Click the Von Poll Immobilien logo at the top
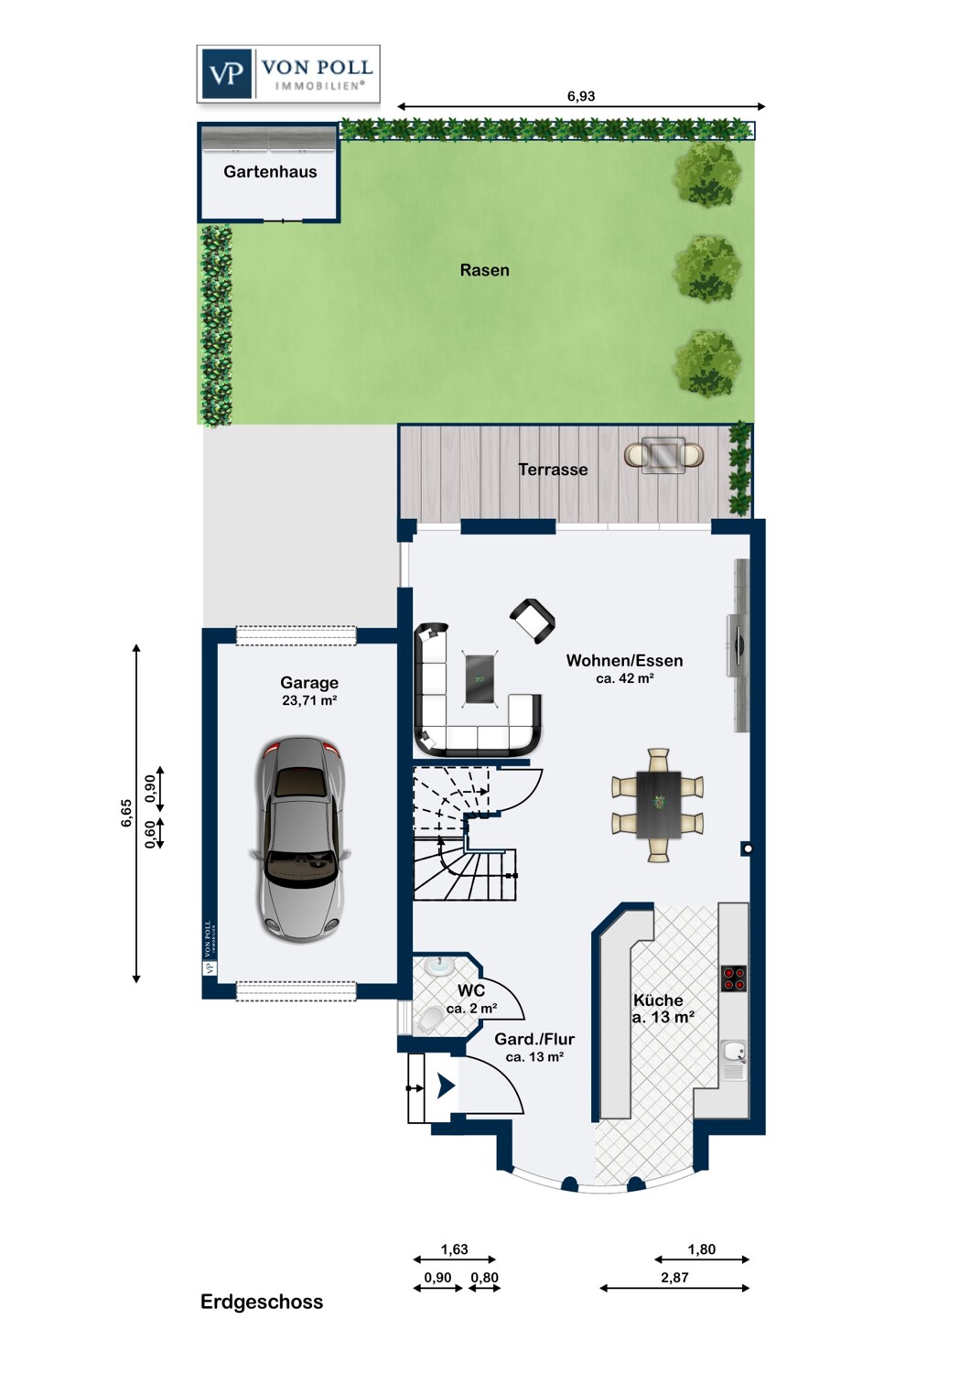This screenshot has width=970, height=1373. pos(288,73)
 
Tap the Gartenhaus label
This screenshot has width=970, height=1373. pos(270,172)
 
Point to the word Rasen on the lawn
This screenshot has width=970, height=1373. pos(485,270)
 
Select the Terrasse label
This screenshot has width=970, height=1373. pos(553,470)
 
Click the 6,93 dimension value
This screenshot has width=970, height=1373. pos(581,96)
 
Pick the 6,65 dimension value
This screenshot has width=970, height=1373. pos(126,813)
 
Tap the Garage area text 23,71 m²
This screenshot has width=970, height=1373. pos(309,700)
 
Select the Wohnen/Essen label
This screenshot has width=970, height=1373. pos(624,661)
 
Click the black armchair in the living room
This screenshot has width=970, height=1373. pos(533,621)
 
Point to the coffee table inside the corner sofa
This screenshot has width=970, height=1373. pos(482,679)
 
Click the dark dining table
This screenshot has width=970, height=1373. pos(659,805)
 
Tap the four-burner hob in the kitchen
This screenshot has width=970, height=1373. pos(734,978)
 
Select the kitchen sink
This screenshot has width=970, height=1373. pos(734,1060)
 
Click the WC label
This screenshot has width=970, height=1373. pos(471,990)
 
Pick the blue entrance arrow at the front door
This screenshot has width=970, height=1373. pos(446,1087)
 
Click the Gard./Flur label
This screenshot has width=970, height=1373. pos(534,1039)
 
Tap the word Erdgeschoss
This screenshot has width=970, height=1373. pos(262,1302)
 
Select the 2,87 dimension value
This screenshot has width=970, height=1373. pos(674,1278)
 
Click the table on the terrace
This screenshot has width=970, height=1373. pos(664,455)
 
